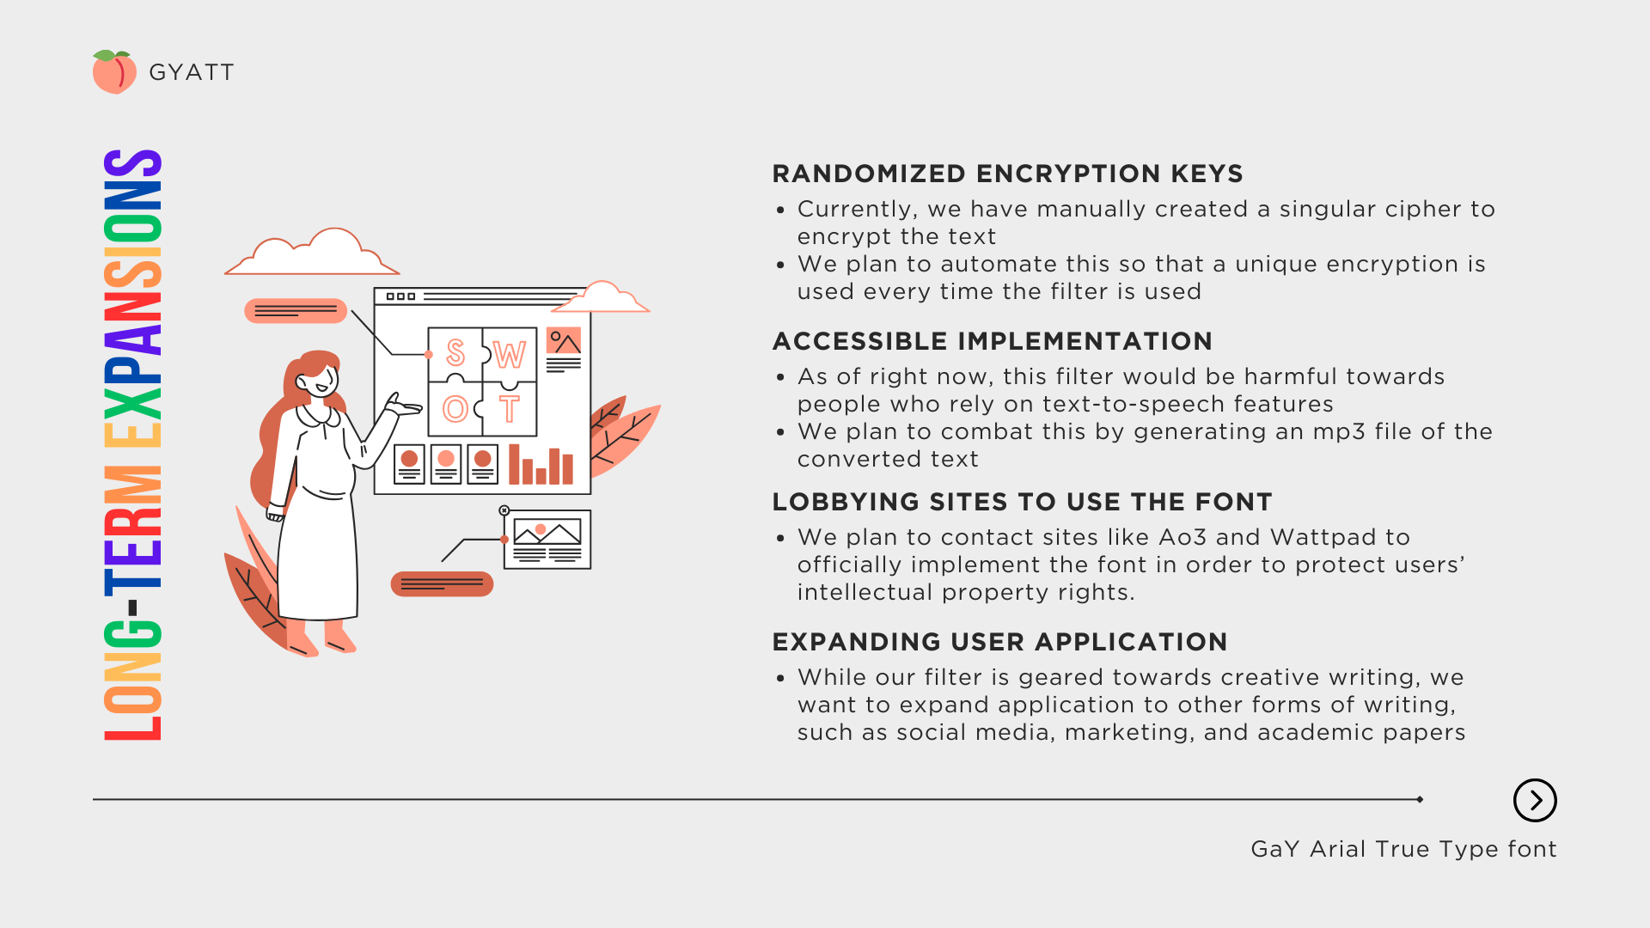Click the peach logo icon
click(113, 72)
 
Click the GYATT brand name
click(192, 72)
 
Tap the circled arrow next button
click(1535, 801)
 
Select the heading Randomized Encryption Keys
click(1007, 174)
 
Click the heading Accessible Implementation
click(992, 341)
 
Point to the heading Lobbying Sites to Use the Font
click(1022, 502)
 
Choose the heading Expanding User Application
click(999, 642)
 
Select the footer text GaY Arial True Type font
click(1403, 849)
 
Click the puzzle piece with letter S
click(455, 352)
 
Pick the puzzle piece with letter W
click(510, 353)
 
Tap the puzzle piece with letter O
click(455, 409)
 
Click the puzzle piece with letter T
click(510, 409)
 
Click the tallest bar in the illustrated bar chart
click(515, 464)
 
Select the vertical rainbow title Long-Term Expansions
click(133, 445)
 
